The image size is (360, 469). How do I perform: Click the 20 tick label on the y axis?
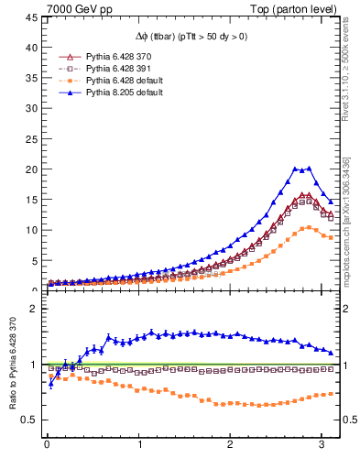tap(32, 169)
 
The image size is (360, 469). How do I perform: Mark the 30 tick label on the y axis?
tap(32, 109)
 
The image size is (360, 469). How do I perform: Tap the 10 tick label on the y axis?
tap(32, 230)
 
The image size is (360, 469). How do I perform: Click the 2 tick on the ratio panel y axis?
tap(35, 309)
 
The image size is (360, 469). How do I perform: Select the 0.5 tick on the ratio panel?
tap(31, 420)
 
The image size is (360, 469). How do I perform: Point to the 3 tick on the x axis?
tap(320, 444)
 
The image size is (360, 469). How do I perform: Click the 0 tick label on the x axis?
tap(47, 444)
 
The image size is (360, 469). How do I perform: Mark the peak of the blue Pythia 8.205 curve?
tap(310, 168)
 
